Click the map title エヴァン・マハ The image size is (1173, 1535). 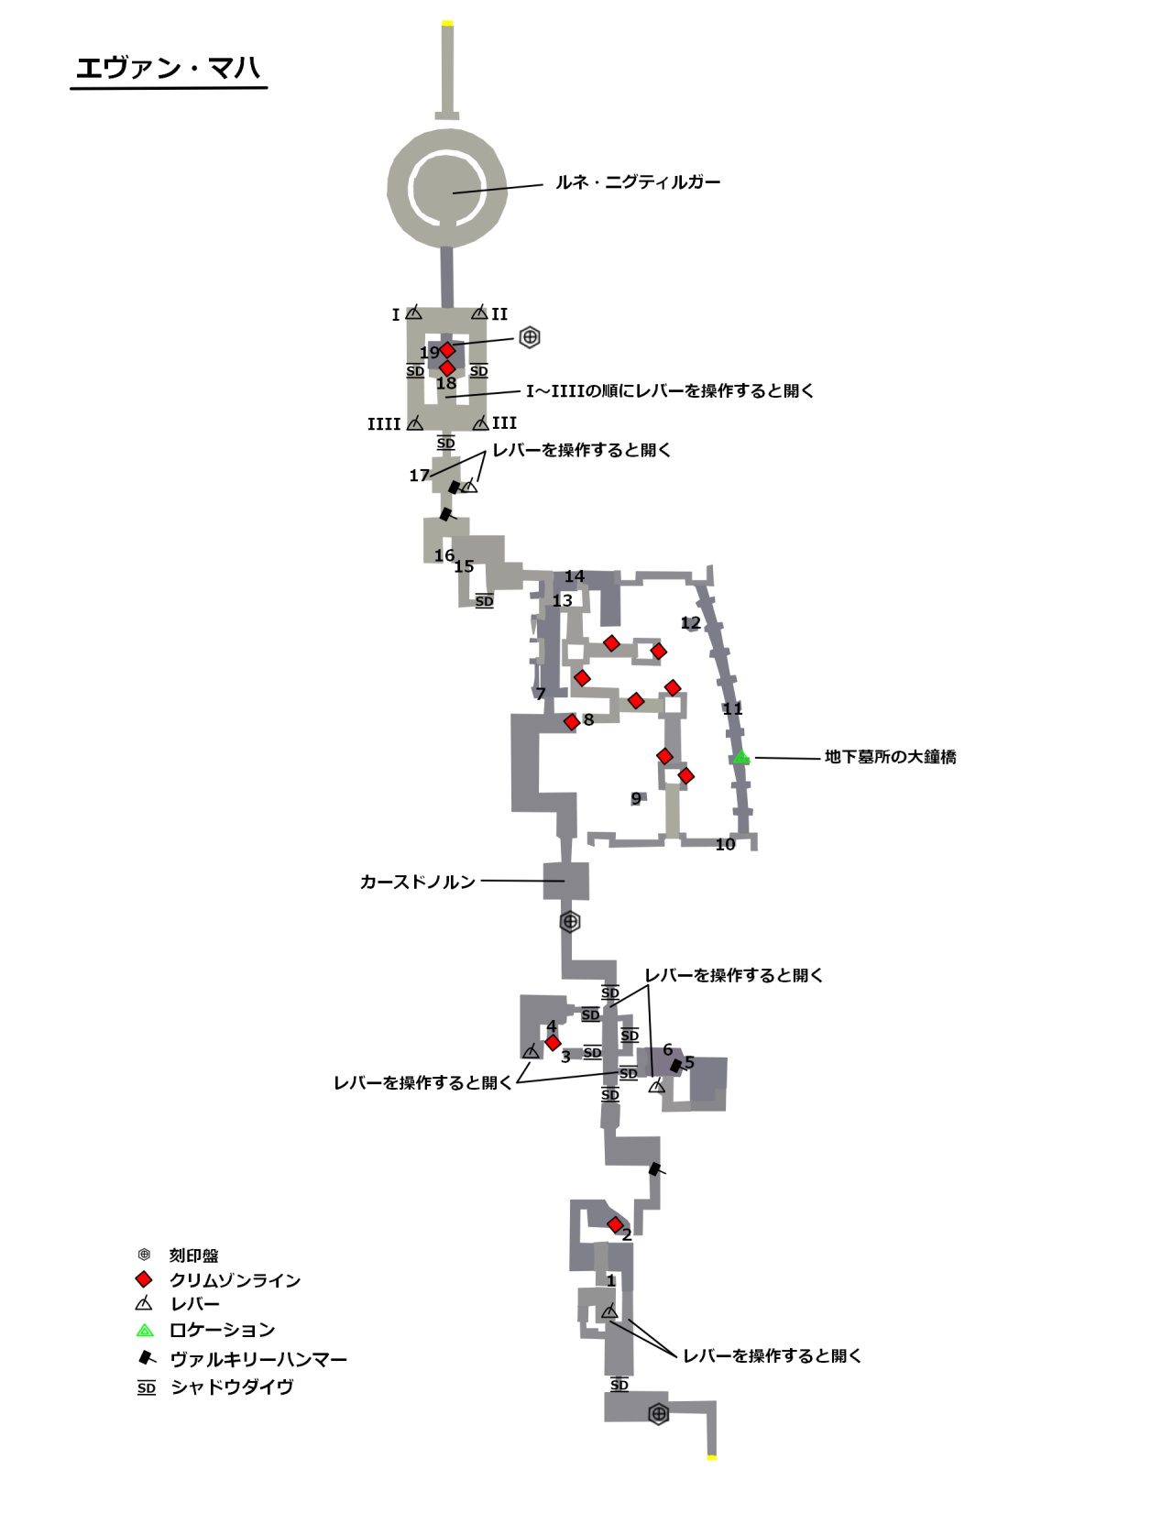click(x=168, y=68)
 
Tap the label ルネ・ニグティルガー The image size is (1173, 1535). click(x=637, y=182)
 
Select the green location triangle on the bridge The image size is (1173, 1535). click(x=741, y=758)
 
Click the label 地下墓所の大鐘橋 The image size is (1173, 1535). click(x=890, y=757)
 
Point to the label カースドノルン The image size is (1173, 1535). click(x=417, y=882)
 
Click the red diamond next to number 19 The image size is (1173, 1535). click(x=447, y=350)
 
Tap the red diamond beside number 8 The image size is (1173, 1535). click(x=572, y=722)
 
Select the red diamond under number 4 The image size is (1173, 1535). click(x=553, y=1043)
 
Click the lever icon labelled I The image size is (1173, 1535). click(x=414, y=313)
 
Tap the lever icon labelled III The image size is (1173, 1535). click(x=481, y=423)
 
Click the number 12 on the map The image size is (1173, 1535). click(x=690, y=623)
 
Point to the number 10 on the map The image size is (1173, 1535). click(x=725, y=845)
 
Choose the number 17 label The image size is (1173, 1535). click(x=419, y=476)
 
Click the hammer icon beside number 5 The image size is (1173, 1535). click(x=676, y=1066)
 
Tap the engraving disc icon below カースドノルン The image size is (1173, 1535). click(x=570, y=922)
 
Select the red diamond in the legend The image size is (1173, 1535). click(x=144, y=1279)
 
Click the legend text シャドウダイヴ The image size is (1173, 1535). click(x=232, y=1387)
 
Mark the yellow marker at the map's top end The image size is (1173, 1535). click(x=447, y=23)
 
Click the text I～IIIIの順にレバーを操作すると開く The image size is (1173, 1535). click(x=669, y=391)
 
